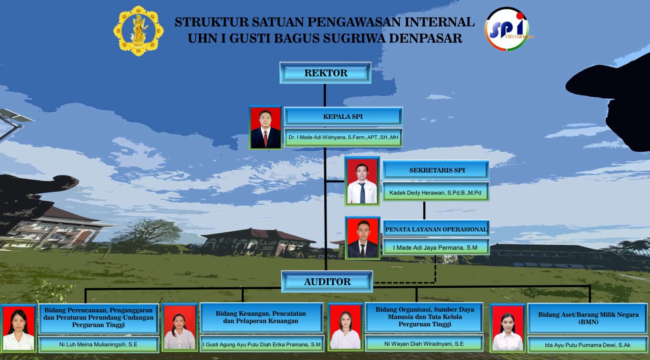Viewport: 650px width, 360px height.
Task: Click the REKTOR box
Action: click(x=325, y=73)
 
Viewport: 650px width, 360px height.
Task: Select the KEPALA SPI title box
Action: click(x=343, y=117)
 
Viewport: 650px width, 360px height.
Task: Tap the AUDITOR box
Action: click(x=327, y=282)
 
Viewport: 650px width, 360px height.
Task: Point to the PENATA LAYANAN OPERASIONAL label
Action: click(x=436, y=229)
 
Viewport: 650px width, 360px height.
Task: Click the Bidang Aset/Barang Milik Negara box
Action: click(x=588, y=319)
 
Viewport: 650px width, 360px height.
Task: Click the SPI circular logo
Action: click(x=507, y=29)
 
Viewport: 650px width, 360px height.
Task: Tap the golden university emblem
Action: click(x=139, y=31)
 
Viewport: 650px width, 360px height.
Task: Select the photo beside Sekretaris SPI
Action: click(x=362, y=181)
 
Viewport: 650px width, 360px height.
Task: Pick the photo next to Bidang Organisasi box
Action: click(x=345, y=327)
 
